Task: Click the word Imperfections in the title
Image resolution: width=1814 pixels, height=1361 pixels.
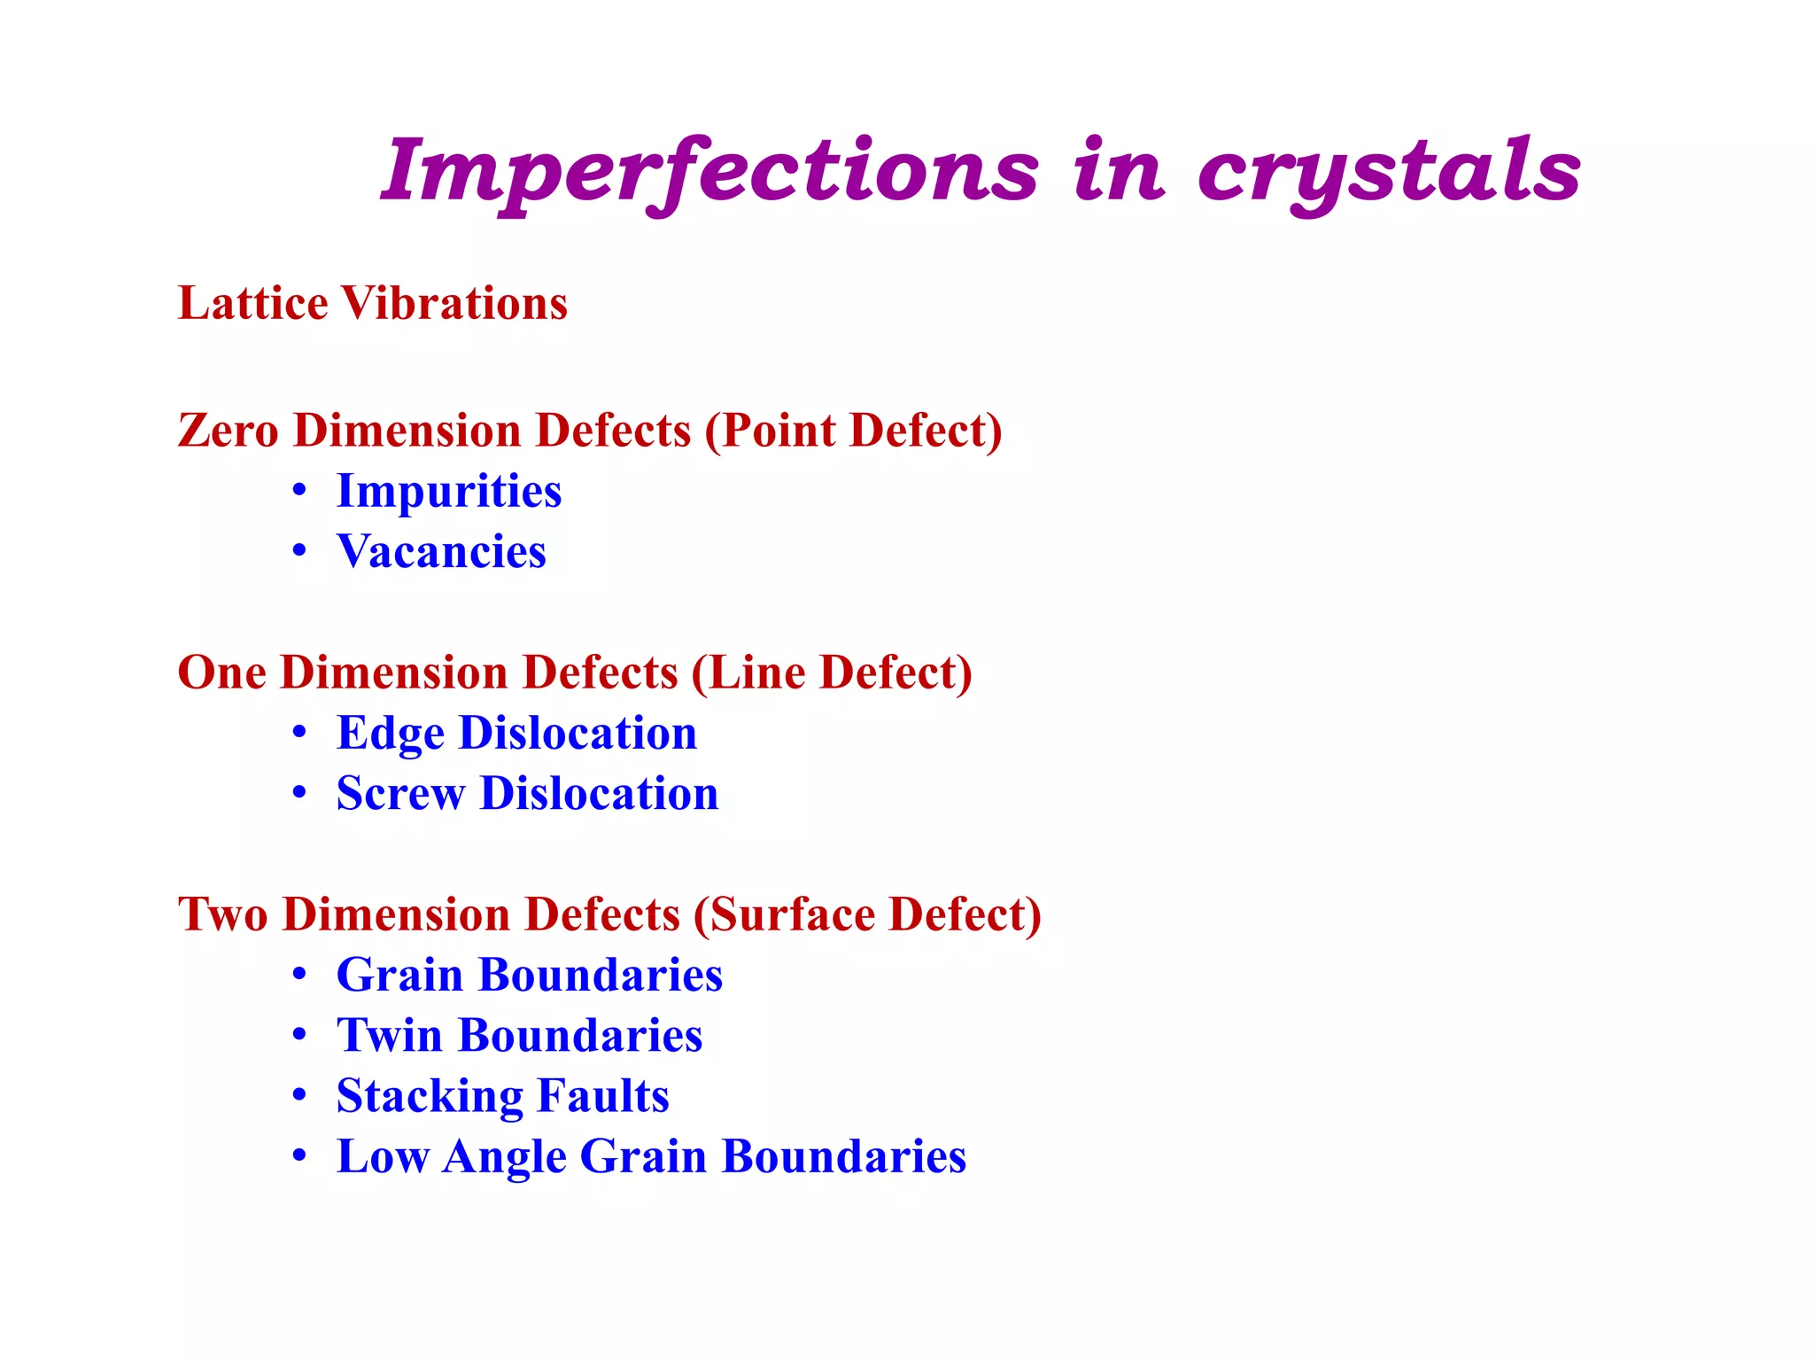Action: coord(709,170)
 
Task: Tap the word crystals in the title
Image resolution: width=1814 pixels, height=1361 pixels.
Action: coord(1389,170)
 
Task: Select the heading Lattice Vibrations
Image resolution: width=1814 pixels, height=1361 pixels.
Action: coord(372,303)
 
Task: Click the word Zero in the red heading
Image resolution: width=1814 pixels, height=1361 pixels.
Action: coord(228,431)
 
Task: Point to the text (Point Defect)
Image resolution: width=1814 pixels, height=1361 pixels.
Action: coord(854,431)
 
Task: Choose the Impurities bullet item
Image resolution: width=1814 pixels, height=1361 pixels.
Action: coord(449,491)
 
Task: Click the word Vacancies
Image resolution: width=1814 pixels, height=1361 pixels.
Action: coord(441,551)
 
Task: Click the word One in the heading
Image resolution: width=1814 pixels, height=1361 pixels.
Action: coord(221,673)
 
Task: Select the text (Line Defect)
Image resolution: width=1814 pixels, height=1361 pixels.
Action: coord(832,673)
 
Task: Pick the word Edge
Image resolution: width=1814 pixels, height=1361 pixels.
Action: coord(390,734)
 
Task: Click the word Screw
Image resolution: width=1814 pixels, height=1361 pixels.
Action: coord(400,794)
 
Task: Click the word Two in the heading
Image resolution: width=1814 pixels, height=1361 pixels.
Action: coord(222,914)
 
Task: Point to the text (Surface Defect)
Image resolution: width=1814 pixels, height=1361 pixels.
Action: coord(867,914)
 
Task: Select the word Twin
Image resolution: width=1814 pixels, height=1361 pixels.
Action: coord(389,1036)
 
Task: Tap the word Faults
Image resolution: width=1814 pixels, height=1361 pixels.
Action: coord(602,1096)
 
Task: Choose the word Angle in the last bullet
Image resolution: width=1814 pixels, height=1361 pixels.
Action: coord(504,1157)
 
